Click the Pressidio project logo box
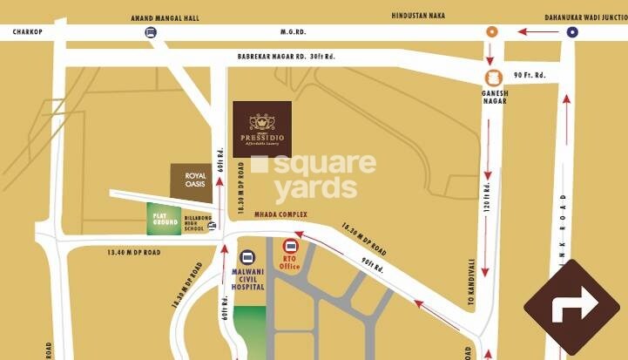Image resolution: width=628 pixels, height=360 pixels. pyautogui.click(x=261, y=128)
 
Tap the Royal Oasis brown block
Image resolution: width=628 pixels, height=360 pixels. pyautogui.click(x=191, y=182)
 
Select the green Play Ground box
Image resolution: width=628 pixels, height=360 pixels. pyautogui.click(x=164, y=219)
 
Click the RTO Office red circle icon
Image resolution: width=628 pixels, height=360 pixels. pyautogui.click(x=290, y=247)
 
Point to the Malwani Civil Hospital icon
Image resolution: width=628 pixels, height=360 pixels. pyautogui.click(x=247, y=258)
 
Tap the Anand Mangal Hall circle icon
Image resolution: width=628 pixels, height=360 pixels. pyautogui.click(x=151, y=32)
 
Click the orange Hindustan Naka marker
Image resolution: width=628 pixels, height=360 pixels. pyautogui.click(x=491, y=32)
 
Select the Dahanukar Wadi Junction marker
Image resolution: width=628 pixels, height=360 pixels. pyautogui.click(x=571, y=32)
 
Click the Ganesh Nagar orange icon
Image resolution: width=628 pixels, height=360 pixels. pyautogui.click(x=494, y=78)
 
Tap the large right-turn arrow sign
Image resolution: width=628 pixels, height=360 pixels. pyautogui.click(x=571, y=306)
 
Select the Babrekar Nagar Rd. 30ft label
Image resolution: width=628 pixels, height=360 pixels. pyautogui.click(x=287, y=57)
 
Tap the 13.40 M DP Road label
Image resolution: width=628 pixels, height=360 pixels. pyautogui.click(x=133, y=252)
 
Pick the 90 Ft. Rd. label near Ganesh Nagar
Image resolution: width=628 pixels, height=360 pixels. pyautogui.click(x=529, y=75)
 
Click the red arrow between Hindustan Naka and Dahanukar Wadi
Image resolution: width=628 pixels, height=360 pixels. pyautogui.click(x=537, y=32)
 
